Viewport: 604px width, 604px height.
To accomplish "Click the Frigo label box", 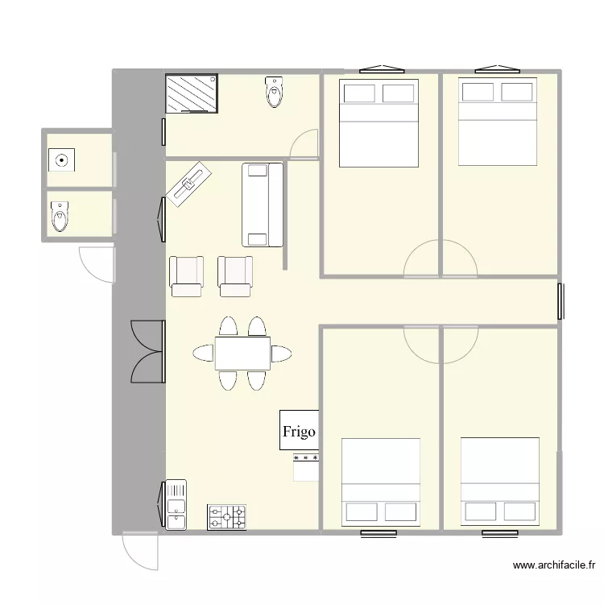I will tap(299, 430).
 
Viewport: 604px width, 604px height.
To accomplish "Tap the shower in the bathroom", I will tap(192, 94).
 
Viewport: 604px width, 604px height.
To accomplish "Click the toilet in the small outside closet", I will tap(60, 216).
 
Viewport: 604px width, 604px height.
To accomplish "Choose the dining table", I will tap(242, 353).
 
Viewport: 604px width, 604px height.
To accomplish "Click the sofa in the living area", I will tap(263, 205).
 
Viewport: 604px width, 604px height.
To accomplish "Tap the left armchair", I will tap(187, 275).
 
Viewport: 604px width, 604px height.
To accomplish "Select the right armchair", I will tap(235, 275).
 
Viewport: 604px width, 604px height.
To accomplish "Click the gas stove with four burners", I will tap(226, 517).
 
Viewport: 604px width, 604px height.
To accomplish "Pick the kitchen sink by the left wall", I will tap(176, 505).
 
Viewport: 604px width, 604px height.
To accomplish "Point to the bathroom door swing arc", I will tap(303, 143).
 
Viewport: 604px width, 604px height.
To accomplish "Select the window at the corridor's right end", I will tap(559, 300).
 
